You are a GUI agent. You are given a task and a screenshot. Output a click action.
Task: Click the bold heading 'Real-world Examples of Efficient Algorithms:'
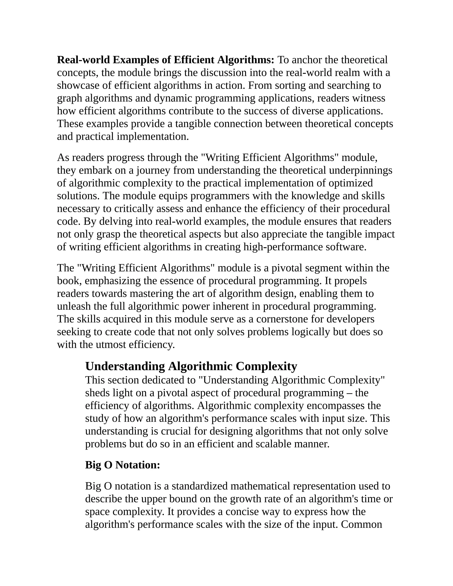166,60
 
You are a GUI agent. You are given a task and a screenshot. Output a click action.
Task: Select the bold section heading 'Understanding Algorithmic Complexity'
191,366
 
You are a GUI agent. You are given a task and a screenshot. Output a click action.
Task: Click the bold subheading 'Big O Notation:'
122,465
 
